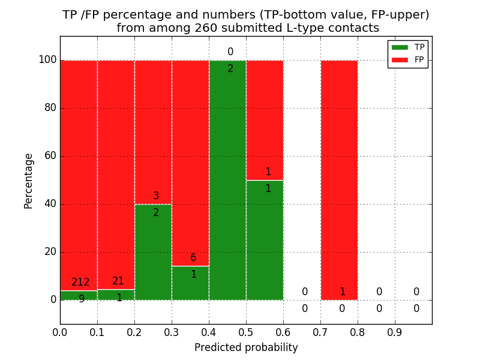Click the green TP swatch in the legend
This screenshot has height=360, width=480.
pos(400,47)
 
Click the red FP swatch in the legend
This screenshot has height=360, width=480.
pos(400,59)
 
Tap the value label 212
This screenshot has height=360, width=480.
pos(80,282)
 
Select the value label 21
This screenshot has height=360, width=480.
pos(118,281)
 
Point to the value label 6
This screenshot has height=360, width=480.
pos(193,258)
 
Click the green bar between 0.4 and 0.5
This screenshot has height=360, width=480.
pos(227,180)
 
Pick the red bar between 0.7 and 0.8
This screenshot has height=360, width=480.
pos(339,180)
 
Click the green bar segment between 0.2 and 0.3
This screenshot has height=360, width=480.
pos(153,252)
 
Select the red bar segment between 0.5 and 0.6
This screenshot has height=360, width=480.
pos(265,120)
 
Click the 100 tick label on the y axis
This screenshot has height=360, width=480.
pos(47,60)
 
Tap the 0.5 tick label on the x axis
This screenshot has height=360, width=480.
pos(246,332)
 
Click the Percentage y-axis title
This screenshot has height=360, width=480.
pos(29,180)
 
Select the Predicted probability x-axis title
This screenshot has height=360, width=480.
pos(246,347)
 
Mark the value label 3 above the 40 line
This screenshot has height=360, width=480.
pos(156,196)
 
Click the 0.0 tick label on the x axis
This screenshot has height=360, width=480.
pos(60,332)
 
